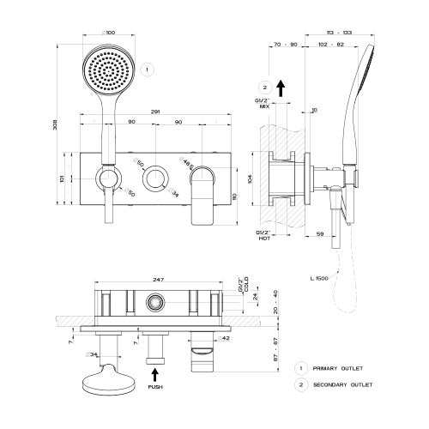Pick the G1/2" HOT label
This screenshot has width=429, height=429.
263,235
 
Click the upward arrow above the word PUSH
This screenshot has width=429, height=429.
156,373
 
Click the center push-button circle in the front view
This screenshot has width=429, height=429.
155,178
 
